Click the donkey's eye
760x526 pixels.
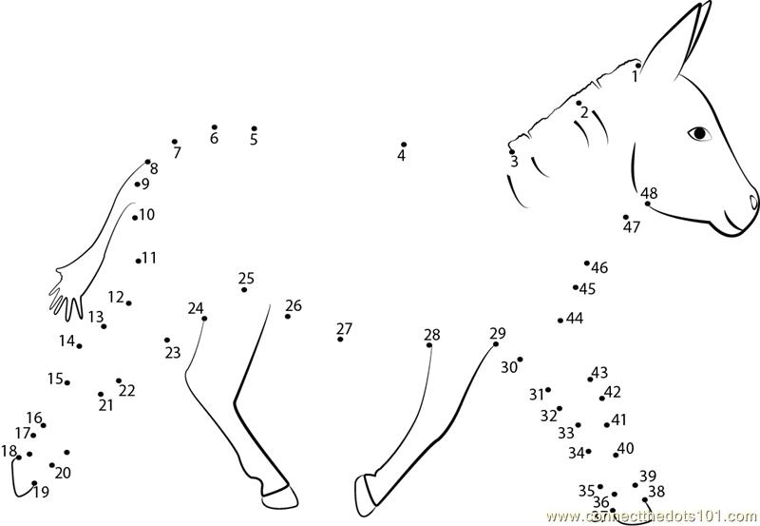[699, 132]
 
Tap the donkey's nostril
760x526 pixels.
[753, 202]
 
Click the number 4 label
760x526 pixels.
[401, 156]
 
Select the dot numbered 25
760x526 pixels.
[244, 290]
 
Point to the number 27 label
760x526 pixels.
[344, 328]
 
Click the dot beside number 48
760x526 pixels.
[647, 204]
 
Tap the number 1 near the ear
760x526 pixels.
[635, 77]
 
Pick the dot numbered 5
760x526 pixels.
[254, 128]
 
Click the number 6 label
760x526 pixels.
[214, 138]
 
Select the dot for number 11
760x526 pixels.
[138, 261]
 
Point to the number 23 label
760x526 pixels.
[173, 353]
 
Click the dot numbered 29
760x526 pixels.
[495, 344]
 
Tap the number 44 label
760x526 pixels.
[575, 319]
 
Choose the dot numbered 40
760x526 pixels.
[616, 456]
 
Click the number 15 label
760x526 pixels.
[55, 378]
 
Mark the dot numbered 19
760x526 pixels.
[34, 483]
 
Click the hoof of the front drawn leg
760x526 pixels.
[365, 495]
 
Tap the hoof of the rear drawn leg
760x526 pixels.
[279, 496]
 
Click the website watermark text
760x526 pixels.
[653, 516]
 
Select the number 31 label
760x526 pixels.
[536, 395]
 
